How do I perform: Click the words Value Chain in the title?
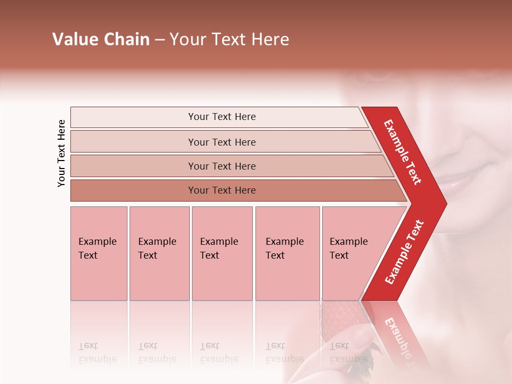tap(101, 39)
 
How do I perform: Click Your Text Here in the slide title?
tap(229, 39)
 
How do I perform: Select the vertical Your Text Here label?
tap(62, 153)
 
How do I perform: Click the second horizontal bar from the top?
tap(222, 142)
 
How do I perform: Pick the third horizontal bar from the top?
tap(222, 166)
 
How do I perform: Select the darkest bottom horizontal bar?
tap(222, 190)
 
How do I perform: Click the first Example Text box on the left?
tap(99, 253)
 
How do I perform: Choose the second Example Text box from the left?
tap(159, 253)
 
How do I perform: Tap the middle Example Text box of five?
tap(222, 253)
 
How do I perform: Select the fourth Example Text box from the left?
tap(287, 253)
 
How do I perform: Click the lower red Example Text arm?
tap(404, 252)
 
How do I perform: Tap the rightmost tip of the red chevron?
tap(445, 203)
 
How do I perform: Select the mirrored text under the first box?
tap(98, 352)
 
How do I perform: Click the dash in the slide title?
tap(159, 40)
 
